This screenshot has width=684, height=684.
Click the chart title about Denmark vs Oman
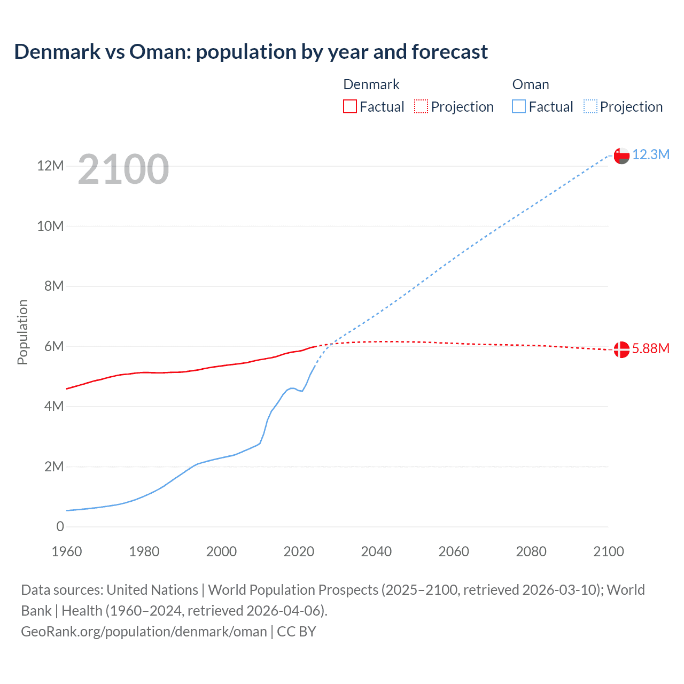click(251, 52)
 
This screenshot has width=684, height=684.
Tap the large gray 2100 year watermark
click(123, 169)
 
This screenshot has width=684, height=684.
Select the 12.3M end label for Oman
click(650, 154)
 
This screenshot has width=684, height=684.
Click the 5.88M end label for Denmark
click(650, 348)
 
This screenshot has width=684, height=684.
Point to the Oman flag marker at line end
click(621, 156)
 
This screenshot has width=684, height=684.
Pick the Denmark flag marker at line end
click(621, 349)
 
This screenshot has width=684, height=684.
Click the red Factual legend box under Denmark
click(350, 106)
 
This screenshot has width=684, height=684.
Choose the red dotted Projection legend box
click(421, 106)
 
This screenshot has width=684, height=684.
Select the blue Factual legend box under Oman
click(519, 106)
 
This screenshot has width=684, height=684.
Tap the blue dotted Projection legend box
click(590, 106)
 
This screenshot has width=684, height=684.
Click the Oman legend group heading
click(530, 84)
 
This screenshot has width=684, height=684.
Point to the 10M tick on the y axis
click(50, 226)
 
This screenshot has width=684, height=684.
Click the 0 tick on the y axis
click(60, 526)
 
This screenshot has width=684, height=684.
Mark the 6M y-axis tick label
click(54, 346)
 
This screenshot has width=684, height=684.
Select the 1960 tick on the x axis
click(67, 551)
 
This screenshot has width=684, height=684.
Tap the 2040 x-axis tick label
click(376, 551)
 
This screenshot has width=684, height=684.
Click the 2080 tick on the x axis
click(531, 551)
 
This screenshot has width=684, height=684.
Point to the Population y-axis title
click(22, 332)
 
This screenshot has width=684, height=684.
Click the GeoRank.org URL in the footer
click(144, 632)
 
